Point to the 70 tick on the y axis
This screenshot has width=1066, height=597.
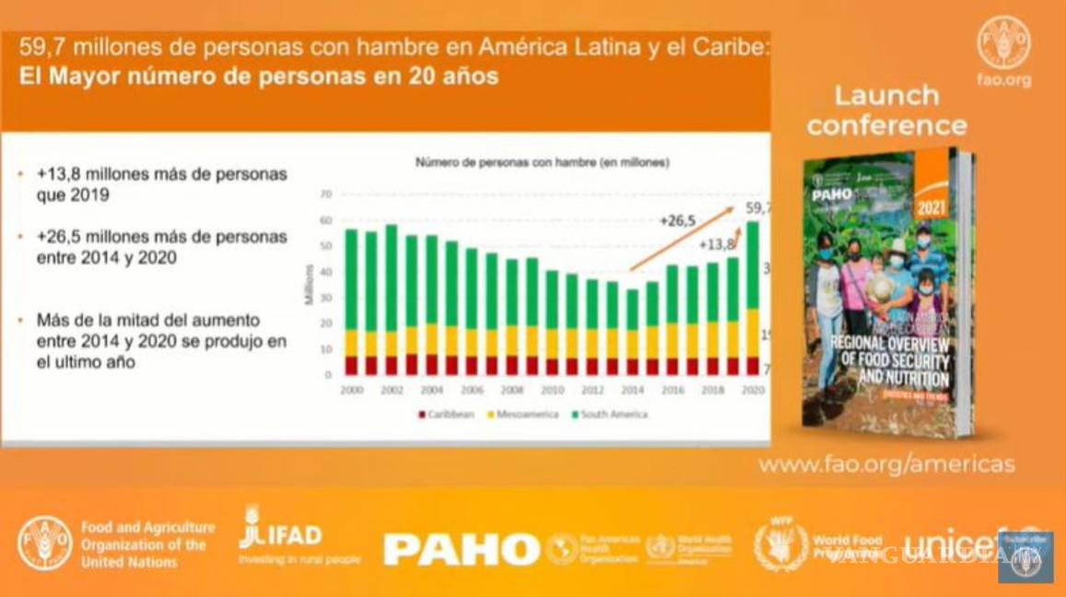coord(325,194)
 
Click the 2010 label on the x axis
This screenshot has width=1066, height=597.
coord(552,391)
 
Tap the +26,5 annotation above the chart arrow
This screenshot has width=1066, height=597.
coord(677,220)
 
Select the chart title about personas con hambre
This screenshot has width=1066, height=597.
coord(542,163)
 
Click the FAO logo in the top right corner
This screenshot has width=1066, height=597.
coord(1003,42)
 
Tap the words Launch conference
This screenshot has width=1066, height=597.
coord(886,110)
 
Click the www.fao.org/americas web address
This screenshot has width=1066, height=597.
coord(886,464)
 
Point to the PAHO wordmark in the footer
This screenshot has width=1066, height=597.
coord(461,549)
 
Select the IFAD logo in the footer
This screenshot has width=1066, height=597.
coord(280,531)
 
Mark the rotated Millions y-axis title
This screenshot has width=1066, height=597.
coord(310,285)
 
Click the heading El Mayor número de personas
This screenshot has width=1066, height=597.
coord(259,77)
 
